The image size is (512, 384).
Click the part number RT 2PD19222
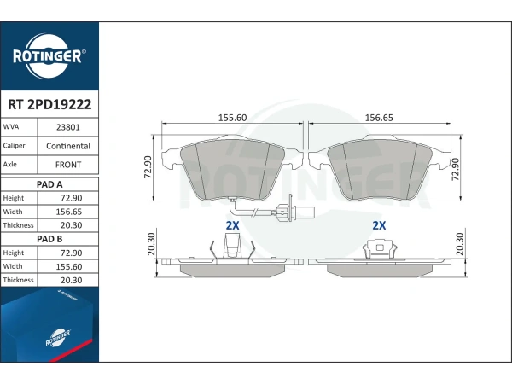[x=49, y=104]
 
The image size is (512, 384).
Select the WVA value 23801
[x=68, y=127]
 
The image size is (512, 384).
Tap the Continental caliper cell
[x=68, y=146]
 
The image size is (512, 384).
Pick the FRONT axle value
[x=68, y=165]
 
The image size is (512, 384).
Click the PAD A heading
[x=49, y=184]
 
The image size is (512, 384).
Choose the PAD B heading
[x=49, y=239]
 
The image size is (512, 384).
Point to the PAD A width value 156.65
[x=69, y=212]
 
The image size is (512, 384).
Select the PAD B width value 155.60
[x=69, y=266]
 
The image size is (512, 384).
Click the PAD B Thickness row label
[x=18, y=280]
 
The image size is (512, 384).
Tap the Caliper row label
[x=14, y=146]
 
